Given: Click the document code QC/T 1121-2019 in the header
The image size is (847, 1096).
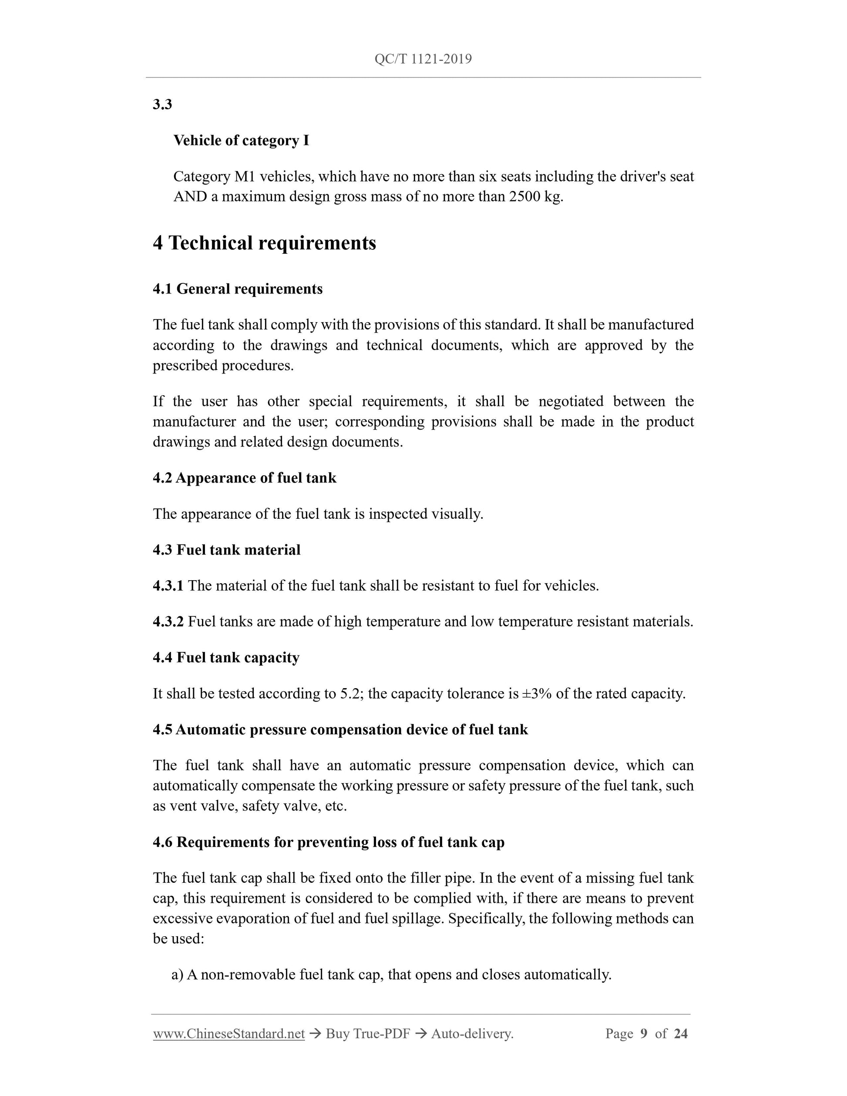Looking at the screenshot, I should click(423, 59).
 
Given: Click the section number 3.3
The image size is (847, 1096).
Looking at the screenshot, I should click(162, 104).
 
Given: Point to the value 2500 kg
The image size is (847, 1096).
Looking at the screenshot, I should click(535, 197).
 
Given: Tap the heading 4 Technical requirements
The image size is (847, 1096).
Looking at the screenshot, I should click(265, 243).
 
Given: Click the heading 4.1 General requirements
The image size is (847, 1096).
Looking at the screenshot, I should click(237, 289).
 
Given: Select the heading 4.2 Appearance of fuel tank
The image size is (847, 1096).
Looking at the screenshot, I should click(244, 478).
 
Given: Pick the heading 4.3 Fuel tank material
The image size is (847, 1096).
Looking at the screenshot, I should click(226, 550).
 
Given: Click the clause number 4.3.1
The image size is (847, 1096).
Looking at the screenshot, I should click(168, 585).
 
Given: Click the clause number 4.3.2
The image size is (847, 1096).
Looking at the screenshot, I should click(168, 622).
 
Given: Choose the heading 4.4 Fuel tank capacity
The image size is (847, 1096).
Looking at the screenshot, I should click(226, 658).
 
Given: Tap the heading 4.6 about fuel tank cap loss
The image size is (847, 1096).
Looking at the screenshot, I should click(328, 842).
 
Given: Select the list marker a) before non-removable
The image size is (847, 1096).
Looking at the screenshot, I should click(177, 975).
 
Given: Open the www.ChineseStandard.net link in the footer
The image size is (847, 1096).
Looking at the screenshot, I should click(229, 1034).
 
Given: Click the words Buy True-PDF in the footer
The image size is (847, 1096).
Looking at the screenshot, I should click(368, 1034).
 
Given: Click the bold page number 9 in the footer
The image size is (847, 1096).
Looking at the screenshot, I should click(644, 1034).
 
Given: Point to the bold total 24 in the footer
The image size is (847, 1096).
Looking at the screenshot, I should click(680, 1034).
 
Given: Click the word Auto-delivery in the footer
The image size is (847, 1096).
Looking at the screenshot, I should click(472, 1034).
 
